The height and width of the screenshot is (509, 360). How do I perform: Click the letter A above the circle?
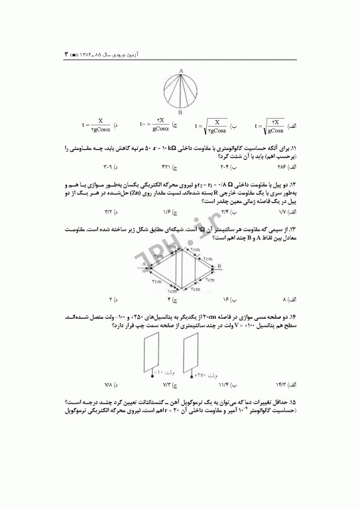[x=180, y=70]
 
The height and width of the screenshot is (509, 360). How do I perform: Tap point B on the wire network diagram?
[x=219, y=264]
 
